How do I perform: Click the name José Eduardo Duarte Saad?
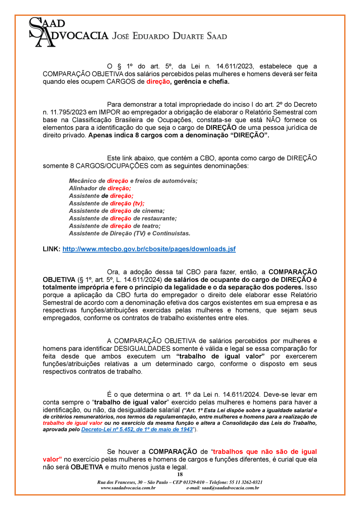point(170,36)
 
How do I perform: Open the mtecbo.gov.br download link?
point(149,249)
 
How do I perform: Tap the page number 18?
point(180,474)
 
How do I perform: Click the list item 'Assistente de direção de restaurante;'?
point(123,218)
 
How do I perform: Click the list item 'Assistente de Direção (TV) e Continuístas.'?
point(129,233)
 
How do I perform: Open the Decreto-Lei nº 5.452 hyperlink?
point(137,429)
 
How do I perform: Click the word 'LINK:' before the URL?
point(51,249)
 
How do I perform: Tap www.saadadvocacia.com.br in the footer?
point(128,488)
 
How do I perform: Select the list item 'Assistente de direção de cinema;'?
point(117,211)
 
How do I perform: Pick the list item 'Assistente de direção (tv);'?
point(107,203)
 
